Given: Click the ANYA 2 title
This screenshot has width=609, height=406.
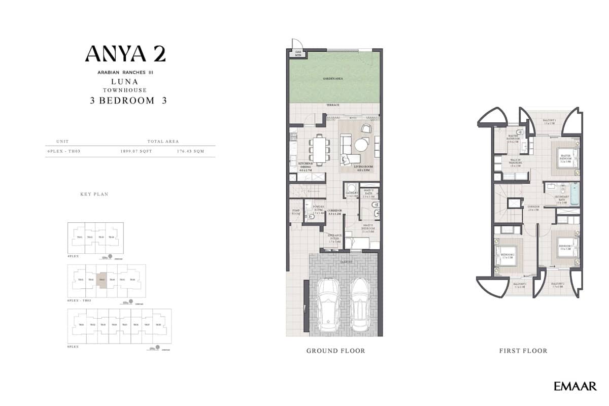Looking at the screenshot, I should pyautogui.click(x=125, y=54).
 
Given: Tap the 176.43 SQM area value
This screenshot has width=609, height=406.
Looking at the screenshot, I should pyautogui.click(x=191, y=151).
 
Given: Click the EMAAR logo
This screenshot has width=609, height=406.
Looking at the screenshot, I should pyautogui.click(x=574, y=387).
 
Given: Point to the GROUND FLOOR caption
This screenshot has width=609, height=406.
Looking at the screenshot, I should pyautogui.click(x=335, y=351).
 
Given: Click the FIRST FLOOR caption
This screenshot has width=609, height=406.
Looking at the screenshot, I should pyautogui.click(x=523, y=351).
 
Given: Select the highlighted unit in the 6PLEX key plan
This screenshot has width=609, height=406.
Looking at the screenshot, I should pyautogui.click(x=102, y=279).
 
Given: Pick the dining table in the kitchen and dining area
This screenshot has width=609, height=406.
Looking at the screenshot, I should pyautogui.click(x=319, y=149).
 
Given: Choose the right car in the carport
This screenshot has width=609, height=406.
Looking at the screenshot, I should pyautogui.click(x=359, y=302).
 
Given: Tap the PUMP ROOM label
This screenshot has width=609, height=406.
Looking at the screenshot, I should pyautogui.click(x=296, y=212).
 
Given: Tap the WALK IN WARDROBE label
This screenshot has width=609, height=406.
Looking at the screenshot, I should pyautogui.click(x=516, y=162).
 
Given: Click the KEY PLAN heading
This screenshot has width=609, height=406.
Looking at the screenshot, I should pyautogui.click(x=94, y=194).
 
